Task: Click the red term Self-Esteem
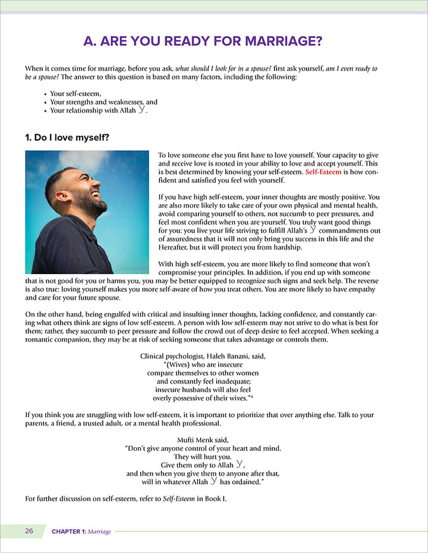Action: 325,171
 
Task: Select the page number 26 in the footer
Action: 29,531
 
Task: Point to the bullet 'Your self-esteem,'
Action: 75,94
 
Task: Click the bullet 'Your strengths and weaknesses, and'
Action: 103,102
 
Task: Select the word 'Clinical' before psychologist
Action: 153,356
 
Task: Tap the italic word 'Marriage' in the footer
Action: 99,532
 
